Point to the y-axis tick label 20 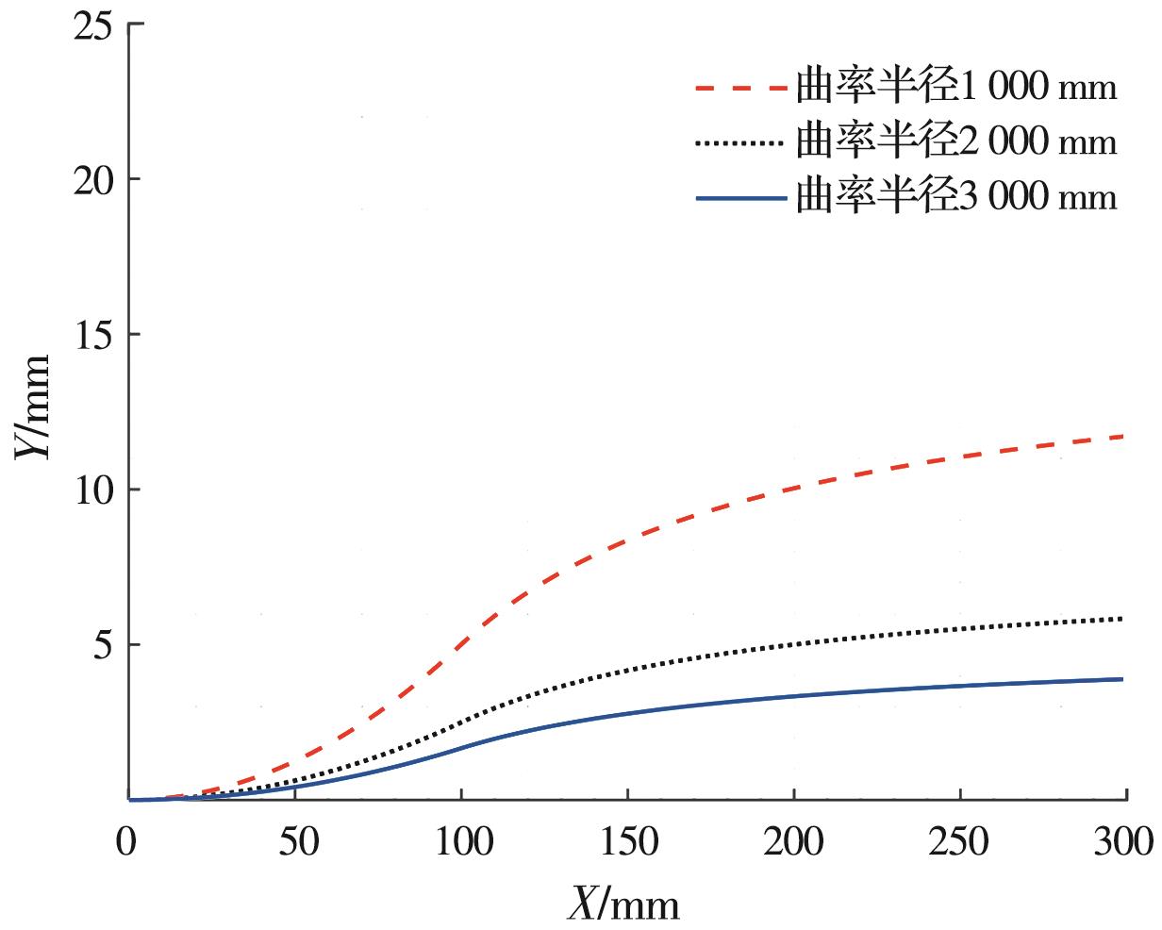coord(92,179)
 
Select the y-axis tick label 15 coord(92,335)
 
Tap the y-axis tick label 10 coord(92,490)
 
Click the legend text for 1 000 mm coord(956,88)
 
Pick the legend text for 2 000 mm coord(956,142)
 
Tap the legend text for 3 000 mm coord(956,197)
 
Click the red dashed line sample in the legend coord(740,89)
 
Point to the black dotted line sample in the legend coord(740,143)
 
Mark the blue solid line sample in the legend coord(740,198)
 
